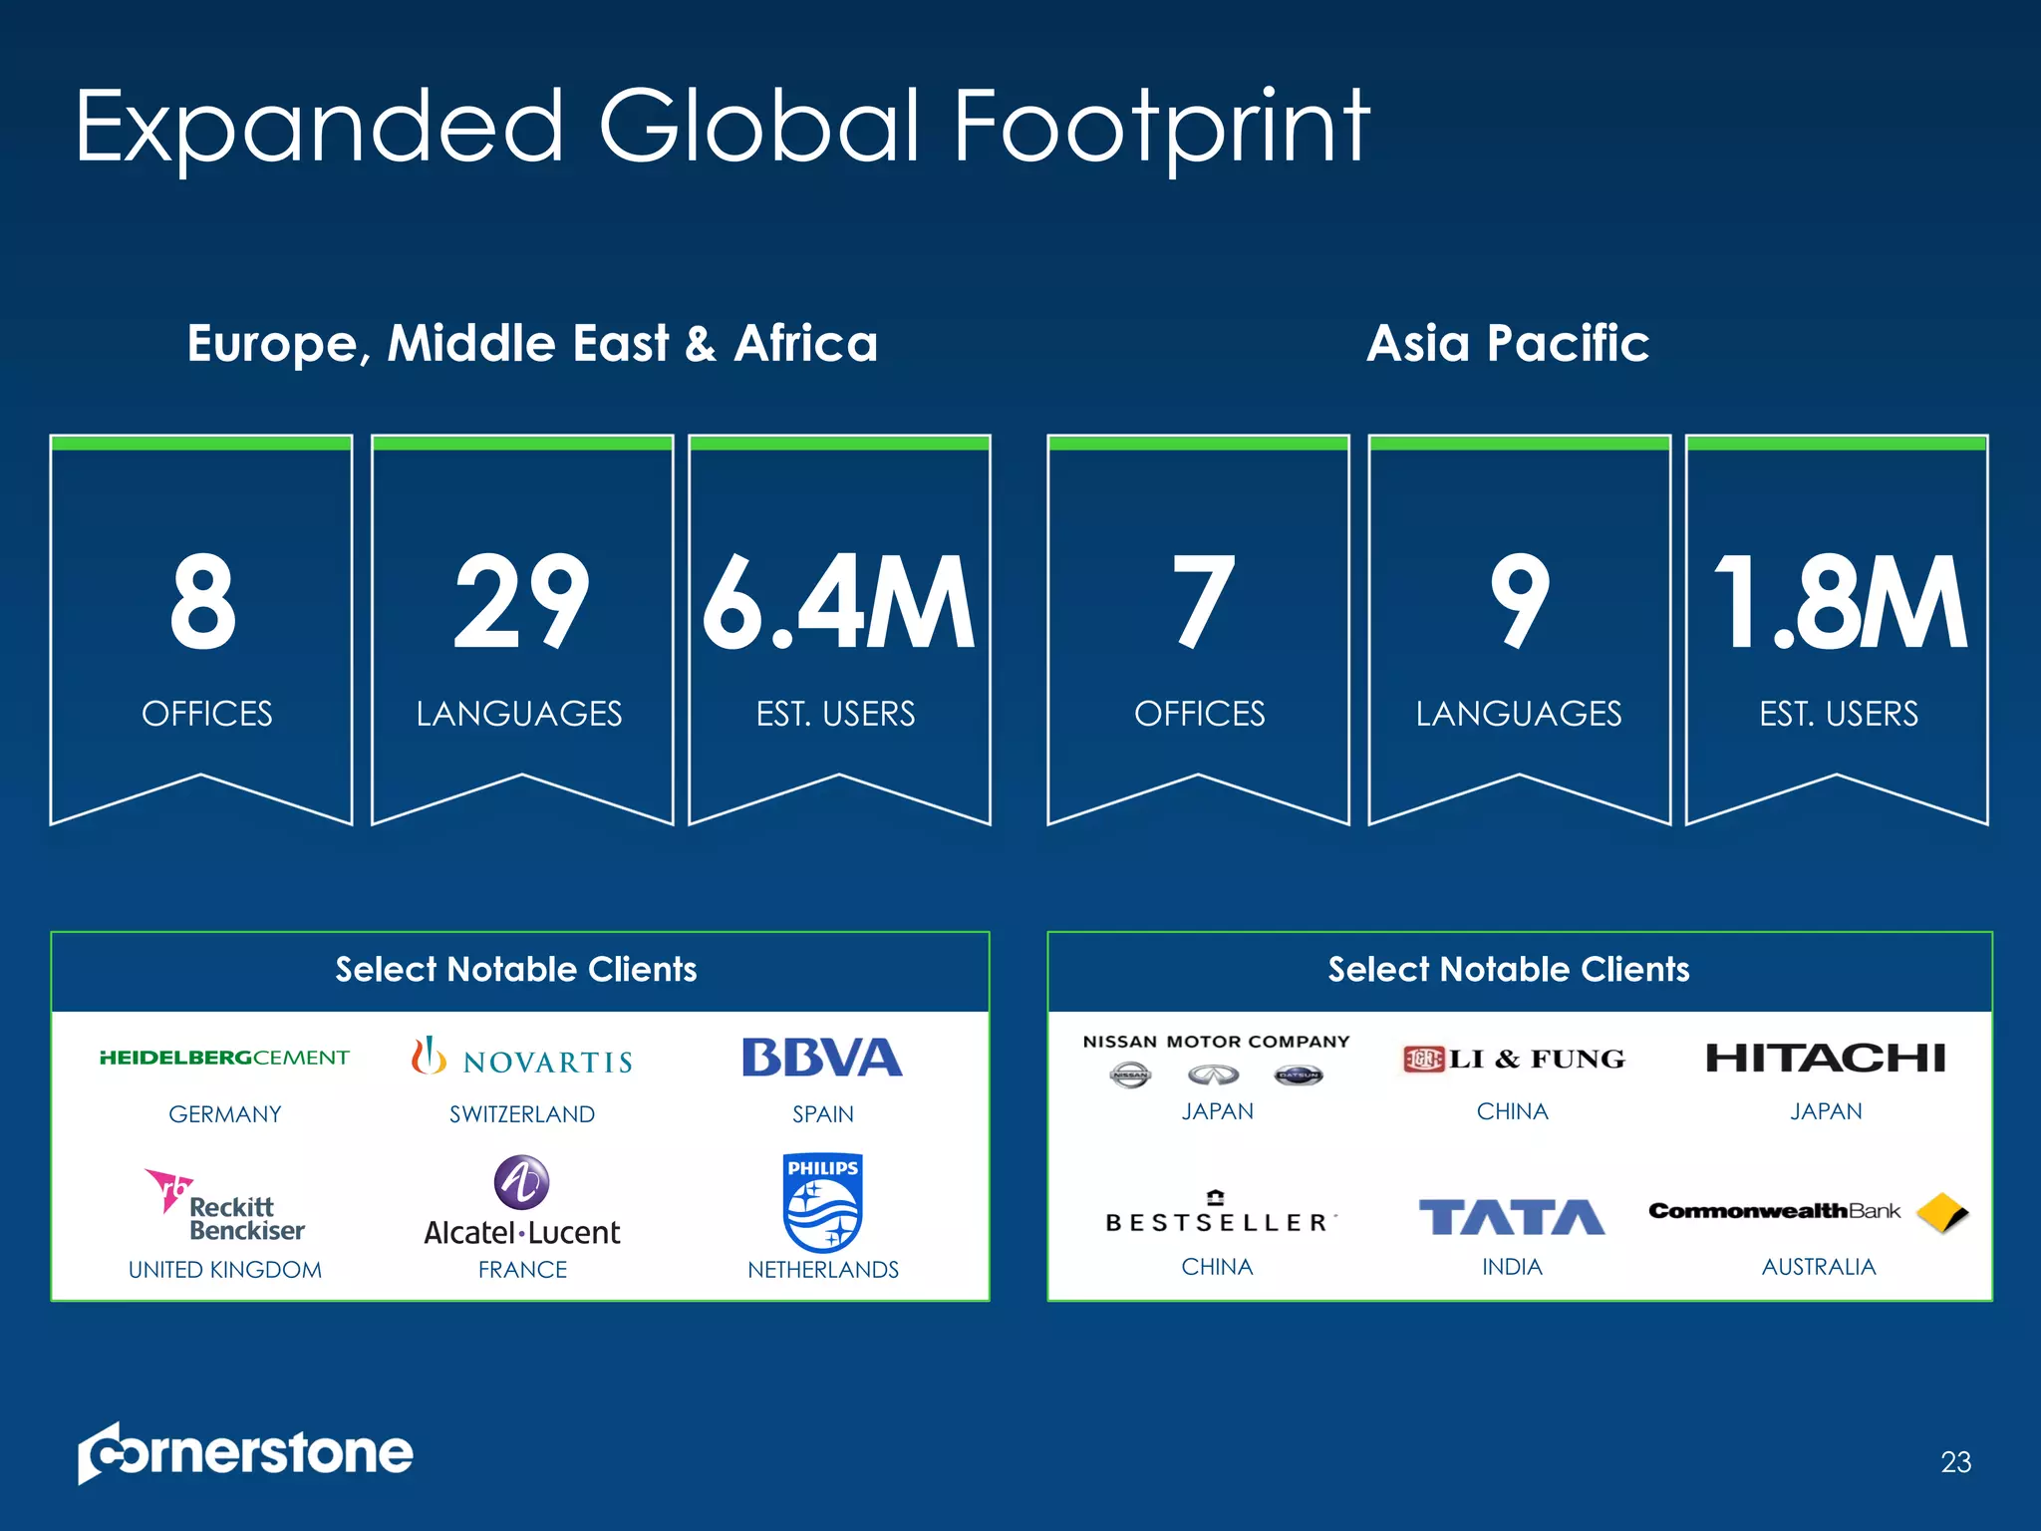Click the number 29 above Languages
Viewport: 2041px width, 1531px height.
521,604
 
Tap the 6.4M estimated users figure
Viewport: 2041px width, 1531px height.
838,604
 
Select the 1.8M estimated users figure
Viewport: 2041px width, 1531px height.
1839,604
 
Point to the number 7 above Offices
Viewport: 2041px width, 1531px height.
1203,604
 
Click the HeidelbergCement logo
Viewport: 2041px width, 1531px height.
224,1058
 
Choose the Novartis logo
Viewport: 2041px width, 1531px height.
522,1059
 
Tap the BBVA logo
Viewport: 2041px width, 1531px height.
822,1058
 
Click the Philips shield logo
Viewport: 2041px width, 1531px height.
823,1203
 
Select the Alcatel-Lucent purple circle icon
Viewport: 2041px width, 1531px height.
521,1182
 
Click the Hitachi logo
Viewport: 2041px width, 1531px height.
1825,1058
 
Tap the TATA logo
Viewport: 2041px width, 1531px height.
1512,1217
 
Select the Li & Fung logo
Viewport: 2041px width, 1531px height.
1513,1059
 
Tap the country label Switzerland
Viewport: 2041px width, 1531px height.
522,1114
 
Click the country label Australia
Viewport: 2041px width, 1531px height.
1819,1267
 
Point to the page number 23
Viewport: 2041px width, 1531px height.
1955,1462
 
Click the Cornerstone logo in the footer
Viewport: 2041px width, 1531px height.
245,1453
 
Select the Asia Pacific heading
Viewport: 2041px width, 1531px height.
1508,344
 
